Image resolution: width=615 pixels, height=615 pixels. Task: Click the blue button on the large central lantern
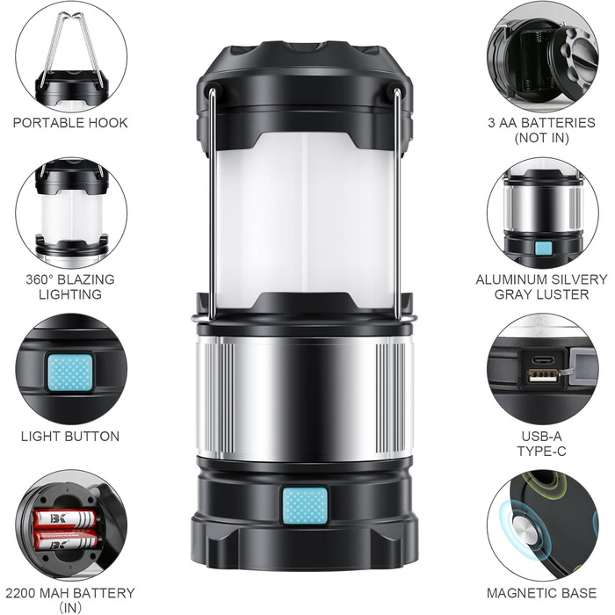(x=305, y=506)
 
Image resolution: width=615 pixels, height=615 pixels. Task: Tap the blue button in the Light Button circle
(x=70, y=373)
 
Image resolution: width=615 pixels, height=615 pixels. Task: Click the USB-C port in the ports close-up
(x=542, y=359)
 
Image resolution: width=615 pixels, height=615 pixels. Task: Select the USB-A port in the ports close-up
(x=542, y=376)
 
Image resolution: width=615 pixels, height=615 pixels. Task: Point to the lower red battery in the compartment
(x=66, y=540)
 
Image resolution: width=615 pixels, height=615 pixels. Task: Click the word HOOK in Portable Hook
(x=108, y=123)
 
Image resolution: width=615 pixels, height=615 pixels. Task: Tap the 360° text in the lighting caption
(x=40, y=279)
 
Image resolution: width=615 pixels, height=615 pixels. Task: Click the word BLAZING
(x=86, y=279)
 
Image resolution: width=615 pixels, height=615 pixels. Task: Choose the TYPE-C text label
(x=542, y=452)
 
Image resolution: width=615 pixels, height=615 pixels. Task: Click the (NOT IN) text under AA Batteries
(x=542, y=138)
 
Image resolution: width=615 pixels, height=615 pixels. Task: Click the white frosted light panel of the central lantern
(x=305, y=220)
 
